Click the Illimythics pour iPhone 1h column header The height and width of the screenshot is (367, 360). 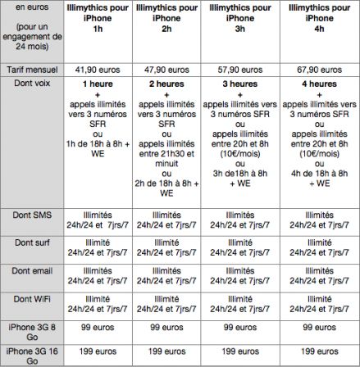pyautogui.click(x=98, y=17)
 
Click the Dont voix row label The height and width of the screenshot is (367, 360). pyautogui.click(x=31, y=84)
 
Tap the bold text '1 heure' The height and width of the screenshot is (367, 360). pyautogui.click(x=98, y=84)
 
